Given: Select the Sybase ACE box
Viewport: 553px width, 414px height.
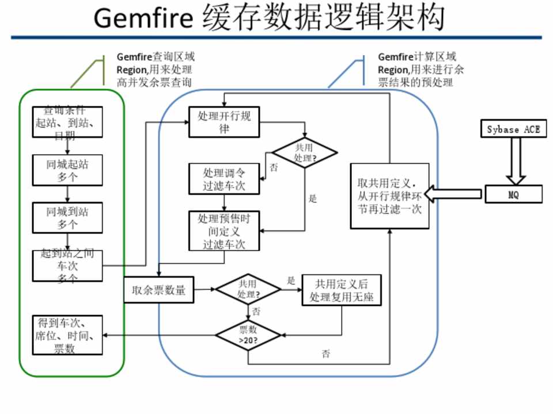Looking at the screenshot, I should coord(513,129).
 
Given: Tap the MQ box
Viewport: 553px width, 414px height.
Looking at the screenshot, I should coord(513,194).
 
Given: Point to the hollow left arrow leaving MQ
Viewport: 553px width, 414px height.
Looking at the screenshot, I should coord(455,194).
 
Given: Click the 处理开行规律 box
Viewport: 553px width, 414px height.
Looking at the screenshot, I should coord(224,122).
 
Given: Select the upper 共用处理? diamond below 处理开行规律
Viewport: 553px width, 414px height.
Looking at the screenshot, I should coord(305,152).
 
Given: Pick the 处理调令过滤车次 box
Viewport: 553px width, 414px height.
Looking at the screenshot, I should coord(224,179).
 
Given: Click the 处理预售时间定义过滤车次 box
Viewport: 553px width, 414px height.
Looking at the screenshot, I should coord(224,231).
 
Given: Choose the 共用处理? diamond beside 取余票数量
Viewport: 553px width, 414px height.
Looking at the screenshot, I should coord(248,290).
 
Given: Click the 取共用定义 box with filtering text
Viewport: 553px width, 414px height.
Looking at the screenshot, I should coord(390,196).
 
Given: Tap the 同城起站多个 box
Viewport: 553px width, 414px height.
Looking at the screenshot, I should coord(67,170).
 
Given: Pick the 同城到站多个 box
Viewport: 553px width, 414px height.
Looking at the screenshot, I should coord(67,217).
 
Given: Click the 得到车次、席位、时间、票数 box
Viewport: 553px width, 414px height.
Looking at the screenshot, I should coord(67,335).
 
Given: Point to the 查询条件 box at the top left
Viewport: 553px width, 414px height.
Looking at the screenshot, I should coord(67,122).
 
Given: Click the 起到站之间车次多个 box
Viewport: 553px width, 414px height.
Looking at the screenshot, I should coord(67,266).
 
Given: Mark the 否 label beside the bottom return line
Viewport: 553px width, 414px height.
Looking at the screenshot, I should coord(326,354).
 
